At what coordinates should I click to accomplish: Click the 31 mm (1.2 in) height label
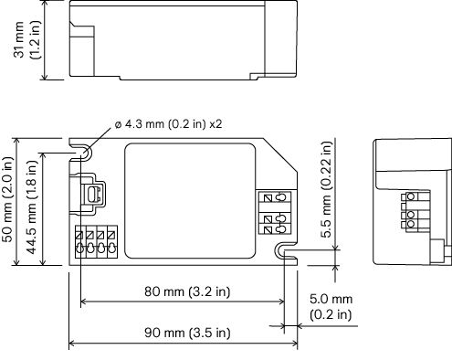(x=26, y=40)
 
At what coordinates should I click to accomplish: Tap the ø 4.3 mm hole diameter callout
(x=168, y=124)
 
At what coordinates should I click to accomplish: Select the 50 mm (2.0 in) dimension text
(x=8, y=199)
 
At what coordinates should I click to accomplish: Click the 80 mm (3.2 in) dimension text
(x=187, y=291)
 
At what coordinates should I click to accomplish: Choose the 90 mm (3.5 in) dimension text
(x=187, y=333)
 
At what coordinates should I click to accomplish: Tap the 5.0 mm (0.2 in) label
(x=331, y=306)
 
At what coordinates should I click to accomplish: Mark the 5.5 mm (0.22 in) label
(x=327, y=189)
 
